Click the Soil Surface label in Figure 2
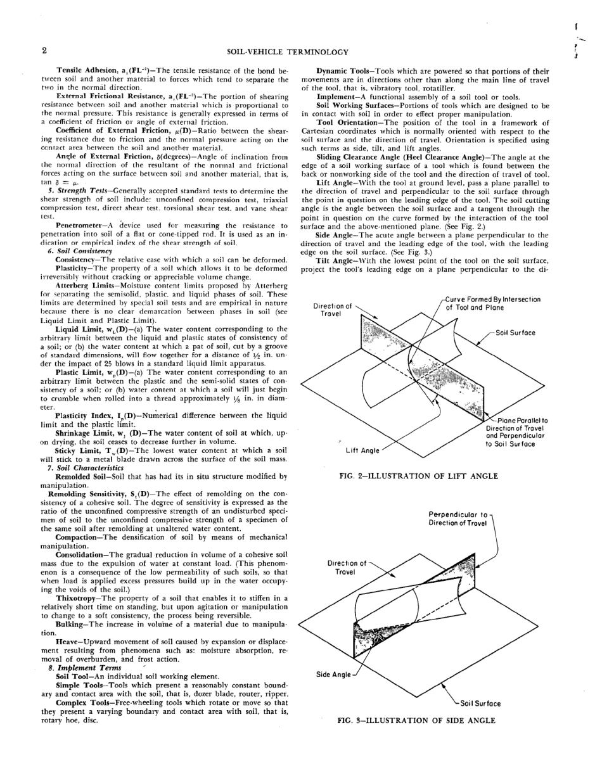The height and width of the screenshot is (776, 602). tap(516, 332)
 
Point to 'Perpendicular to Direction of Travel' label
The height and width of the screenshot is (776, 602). tap(458, 518)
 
